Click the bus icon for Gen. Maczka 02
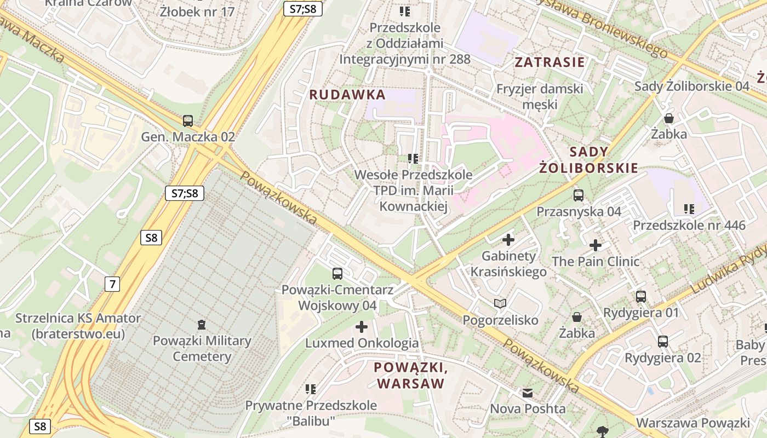tap(188, 120)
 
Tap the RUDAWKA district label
tap(347, 95)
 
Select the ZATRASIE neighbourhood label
tap(550, 62)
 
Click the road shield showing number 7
tap(112, 284)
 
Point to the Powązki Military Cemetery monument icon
tap(202, 325)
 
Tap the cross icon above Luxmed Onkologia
tap(362, 327)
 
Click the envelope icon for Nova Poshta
tap(528, 393)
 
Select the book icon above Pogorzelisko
tap(500, 303)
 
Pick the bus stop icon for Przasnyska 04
tap(579, 195)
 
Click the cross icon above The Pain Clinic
tap(596, 245)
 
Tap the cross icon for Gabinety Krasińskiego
tap(508, 239)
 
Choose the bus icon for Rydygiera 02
tap(663, 342)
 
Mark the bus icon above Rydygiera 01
tap(641, 297)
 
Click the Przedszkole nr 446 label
tap(689, 225)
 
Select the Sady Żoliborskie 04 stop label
tap(691, 86)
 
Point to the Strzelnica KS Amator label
tap(78, 326)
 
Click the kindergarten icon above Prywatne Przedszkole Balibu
tap(311, 389)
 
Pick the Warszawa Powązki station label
tap(692, 423)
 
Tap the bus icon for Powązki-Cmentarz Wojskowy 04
tap(337, 273)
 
